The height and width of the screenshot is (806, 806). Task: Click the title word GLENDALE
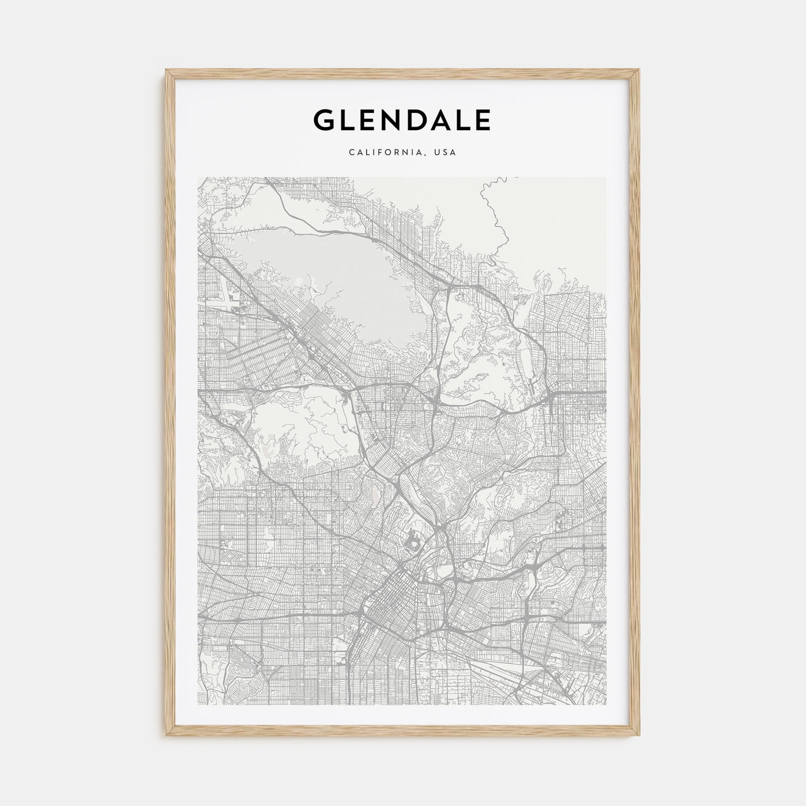coord(402,120)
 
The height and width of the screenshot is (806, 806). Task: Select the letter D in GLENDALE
coord(420,120)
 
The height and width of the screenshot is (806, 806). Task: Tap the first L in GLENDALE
coord(348,120)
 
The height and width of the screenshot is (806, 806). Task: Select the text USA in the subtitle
coord(446,153)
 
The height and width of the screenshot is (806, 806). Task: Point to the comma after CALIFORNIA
coord(427,155)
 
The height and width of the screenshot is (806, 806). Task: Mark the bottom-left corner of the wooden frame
coord(168,734)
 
